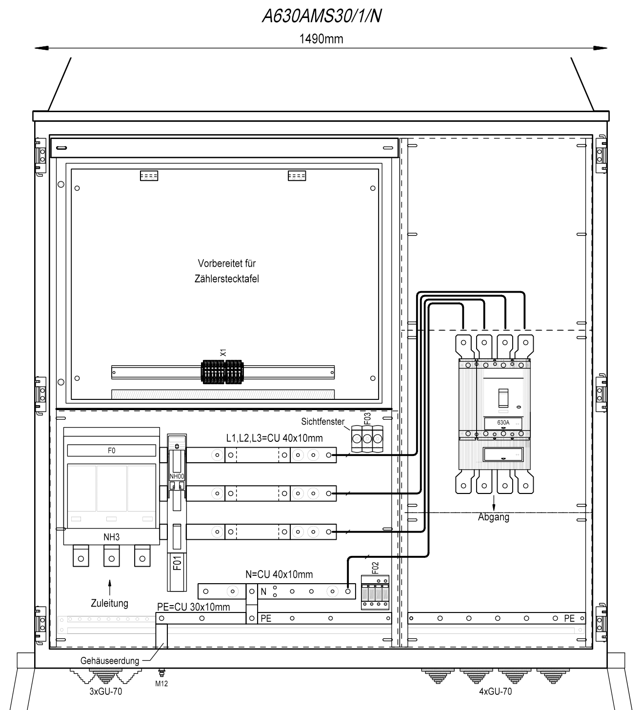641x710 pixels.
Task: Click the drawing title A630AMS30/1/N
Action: [321, 16]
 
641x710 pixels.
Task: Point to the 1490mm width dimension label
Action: [321, 39]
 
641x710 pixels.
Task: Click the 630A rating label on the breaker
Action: [503, 422]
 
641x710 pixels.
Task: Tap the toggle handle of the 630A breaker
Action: [503, 398]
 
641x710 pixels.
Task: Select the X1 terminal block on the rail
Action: [222, 372]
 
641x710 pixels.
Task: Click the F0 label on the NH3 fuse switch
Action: [112, 451]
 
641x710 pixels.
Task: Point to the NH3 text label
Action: [112, 537]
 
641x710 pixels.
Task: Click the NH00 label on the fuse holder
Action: [177, 476]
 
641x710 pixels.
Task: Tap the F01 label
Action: [178, 563]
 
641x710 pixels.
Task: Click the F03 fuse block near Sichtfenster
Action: [367, 438]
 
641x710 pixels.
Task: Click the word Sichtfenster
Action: [322, 421]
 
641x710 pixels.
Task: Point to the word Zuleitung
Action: [109, 603]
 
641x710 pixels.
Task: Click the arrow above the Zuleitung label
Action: [110, 588]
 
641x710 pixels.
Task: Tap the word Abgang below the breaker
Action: [494, 517]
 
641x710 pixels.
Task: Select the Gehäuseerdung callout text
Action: [110, 661]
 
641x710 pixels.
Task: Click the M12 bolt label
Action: [161, 684]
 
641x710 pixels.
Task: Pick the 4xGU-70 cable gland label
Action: [496, 691]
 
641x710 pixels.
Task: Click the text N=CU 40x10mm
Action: [279, 574]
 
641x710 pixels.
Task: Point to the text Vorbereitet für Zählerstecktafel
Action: [227, 271]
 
